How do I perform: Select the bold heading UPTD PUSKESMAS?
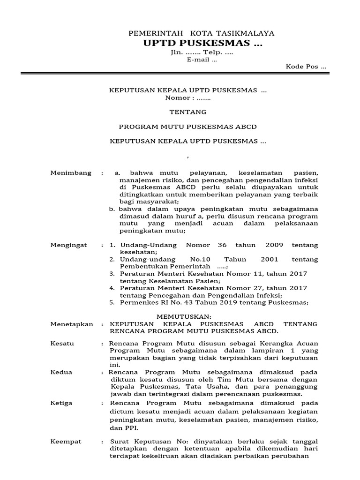pyautogui.click(x=203, y=44)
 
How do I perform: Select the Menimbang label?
pyautogui.click(x=71, y=173)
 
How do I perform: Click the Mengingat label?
pyautogui.click(x=70, y=245)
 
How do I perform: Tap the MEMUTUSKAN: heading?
pyautogui.click(x=184, y=316)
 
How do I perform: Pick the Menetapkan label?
pyautogui.click(x=72, y=324)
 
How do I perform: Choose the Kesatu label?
pyautogui.click(x=62, y=344)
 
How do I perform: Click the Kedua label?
pyautogui.click(x=61, y=372)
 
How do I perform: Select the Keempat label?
pyautogui.click(x=66, y=442)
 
